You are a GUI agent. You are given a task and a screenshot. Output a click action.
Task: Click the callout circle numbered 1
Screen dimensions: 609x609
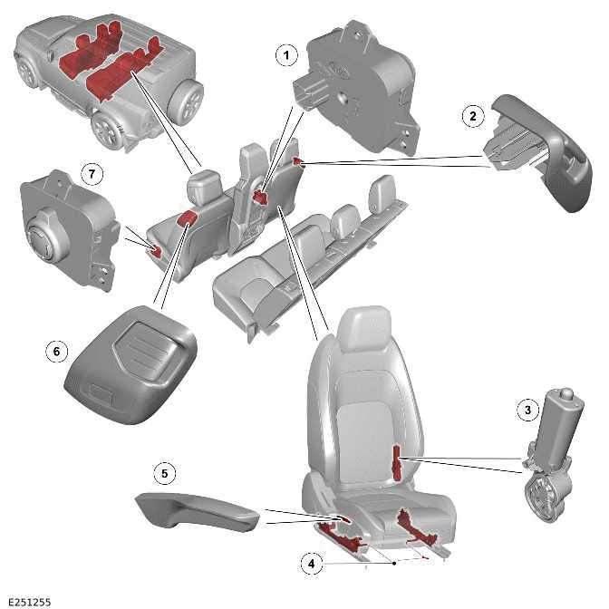(x=286, y=55)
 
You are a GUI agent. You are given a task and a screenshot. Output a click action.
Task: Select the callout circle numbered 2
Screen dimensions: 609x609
(x=470, y=115)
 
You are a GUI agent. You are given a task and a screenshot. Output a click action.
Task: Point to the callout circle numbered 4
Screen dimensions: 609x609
(x=312, y=563)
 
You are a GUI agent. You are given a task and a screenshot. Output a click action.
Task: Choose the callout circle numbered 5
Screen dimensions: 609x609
(x=163, y=472)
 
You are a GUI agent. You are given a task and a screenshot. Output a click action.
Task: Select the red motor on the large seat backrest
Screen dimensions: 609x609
(x=398, y=461)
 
